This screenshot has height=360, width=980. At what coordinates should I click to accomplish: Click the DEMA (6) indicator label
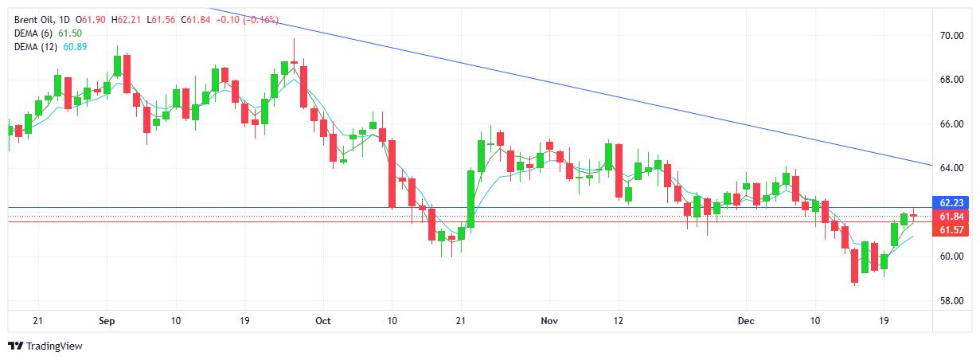[x=35, y=33]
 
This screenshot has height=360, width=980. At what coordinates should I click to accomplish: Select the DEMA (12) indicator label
[x=37, y=47]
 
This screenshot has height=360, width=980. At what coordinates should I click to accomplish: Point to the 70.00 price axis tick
[x=951, y=36]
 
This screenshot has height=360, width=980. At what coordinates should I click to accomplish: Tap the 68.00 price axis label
[x=951, y=80]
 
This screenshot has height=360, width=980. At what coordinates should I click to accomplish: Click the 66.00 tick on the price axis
[x=951, y=124]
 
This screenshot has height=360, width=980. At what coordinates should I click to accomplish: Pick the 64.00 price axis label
[x=951, y=168]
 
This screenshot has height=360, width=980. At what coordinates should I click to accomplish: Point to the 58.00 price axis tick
[x=951, y=301]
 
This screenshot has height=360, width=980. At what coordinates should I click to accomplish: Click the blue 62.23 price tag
[x=952, y=202]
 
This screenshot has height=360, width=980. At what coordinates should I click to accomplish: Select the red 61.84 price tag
[x=952, y=217]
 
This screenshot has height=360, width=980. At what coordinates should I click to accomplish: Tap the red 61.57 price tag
[x=952, y=230]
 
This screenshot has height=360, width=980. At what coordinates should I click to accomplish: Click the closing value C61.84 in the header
[x=196, y=18]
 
